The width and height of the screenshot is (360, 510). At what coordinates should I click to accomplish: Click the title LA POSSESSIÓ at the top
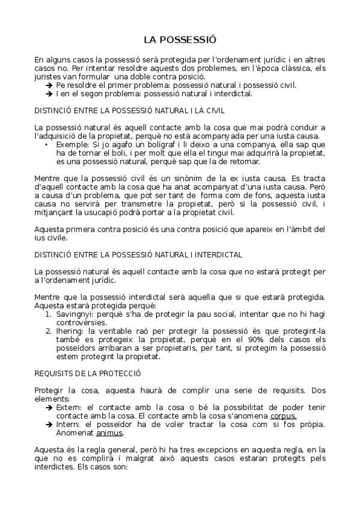[x=180, y=40]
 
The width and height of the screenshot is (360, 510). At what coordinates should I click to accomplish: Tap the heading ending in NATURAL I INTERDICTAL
[x=138, y=255]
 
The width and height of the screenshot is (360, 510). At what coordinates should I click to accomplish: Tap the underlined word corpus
[x=283, y=416]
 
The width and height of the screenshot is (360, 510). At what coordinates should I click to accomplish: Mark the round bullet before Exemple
[x=47, y=144]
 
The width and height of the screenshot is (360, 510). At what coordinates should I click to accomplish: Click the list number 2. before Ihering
[x=49, y=331]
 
